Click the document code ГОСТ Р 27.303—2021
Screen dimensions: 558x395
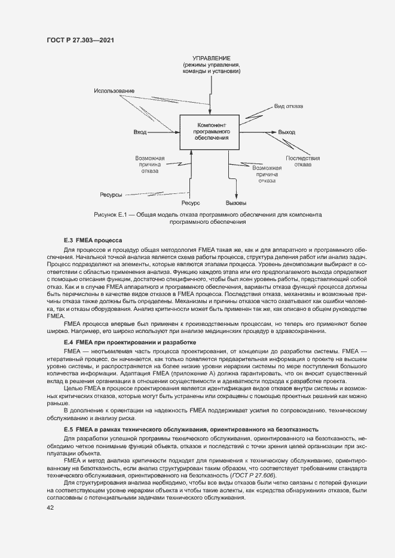(80, 40)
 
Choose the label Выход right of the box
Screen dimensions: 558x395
(287, 132)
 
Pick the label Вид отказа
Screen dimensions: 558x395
(289, 106)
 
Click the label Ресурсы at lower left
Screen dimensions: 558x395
(111, 195)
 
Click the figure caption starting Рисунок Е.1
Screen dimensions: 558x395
(207, 218)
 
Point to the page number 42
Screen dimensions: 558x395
(51, 507)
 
